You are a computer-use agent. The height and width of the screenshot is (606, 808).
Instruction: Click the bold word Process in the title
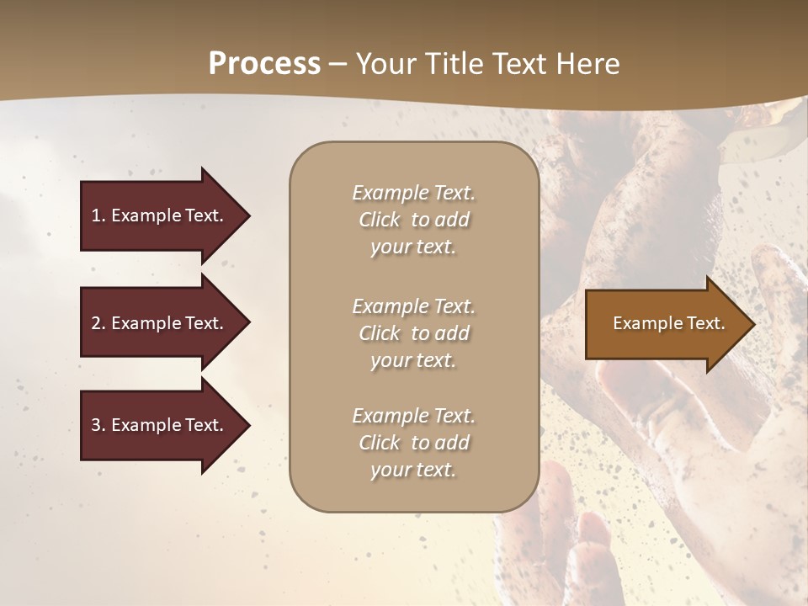coord(264,64)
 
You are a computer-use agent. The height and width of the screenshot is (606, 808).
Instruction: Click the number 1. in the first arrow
coord(98,215)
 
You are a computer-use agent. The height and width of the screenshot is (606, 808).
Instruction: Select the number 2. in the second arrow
coord(98,323)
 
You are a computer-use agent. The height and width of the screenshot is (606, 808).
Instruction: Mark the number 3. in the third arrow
coord(98,425)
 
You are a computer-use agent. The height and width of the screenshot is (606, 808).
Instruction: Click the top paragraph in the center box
coord(413,220)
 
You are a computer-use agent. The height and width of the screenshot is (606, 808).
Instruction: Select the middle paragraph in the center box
coord(413,333)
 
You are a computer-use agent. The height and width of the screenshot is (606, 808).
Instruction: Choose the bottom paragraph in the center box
coord(413,443)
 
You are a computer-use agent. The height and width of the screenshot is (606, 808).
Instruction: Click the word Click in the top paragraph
coord(380,220)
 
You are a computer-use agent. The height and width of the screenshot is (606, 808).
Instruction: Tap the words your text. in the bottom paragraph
coord(413,470)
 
